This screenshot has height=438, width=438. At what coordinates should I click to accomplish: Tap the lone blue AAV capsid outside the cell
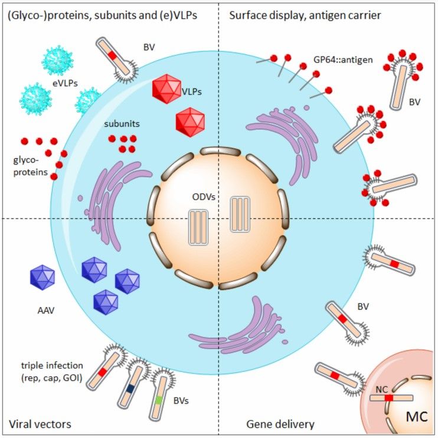(x=42, y=276)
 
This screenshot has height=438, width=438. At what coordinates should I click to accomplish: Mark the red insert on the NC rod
(x=388, y=398)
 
